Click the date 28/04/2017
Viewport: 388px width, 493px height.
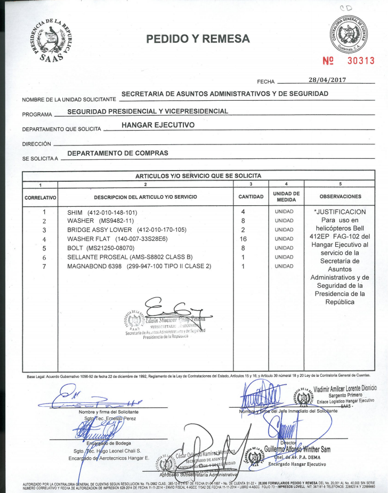click(x=327, y=80)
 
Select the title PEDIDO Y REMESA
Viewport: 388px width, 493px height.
click(x=198, y=38)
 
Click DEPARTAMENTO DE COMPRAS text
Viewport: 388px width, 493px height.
click(x=118, y=153)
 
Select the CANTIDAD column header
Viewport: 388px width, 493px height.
click(x=250, y=197)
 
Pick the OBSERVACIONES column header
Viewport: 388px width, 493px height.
click(x=340, y=197)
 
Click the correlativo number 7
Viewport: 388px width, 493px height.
click(x=45, y=266)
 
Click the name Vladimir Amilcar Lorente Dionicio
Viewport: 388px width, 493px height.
click(x=346, y=389)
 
